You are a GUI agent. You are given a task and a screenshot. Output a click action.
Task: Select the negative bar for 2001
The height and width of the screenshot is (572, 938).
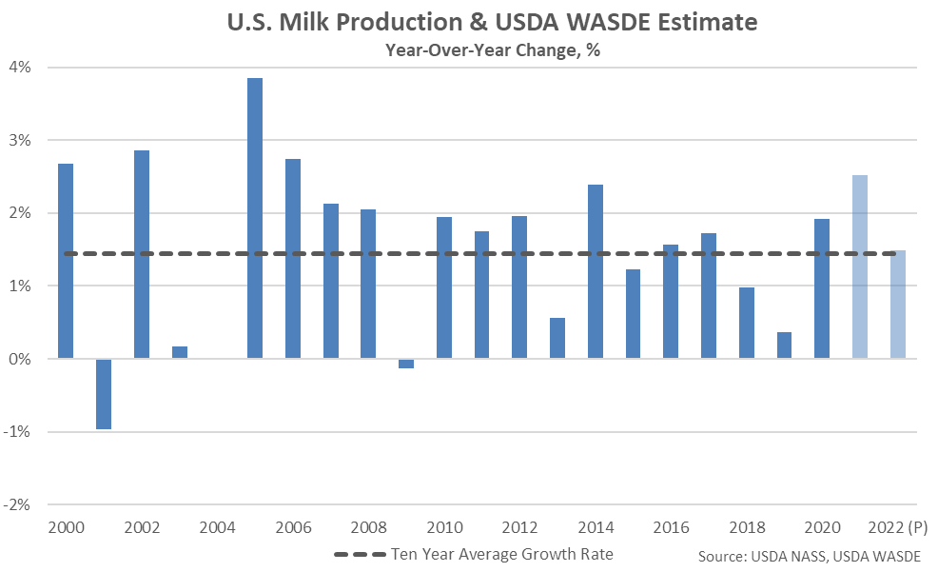click(104, 394)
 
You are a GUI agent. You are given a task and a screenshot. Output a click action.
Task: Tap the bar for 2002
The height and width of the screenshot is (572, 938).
click(142, 254)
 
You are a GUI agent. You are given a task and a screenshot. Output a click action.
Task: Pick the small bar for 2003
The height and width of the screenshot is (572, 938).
click(180, 352)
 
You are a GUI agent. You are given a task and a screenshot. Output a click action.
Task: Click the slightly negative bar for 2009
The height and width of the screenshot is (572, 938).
click(406, 364)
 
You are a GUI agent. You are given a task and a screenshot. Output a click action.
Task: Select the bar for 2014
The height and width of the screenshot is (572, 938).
click(596, 271)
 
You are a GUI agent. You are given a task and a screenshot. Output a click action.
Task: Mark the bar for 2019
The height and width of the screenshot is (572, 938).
click(784, 345)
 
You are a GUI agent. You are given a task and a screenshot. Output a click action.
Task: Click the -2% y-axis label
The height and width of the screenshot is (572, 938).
click(20, 504)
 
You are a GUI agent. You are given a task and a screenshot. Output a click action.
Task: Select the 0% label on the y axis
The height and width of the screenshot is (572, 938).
click(22, 359)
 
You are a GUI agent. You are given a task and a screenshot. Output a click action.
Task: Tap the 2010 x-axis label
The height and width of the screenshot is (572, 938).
click(444, 526)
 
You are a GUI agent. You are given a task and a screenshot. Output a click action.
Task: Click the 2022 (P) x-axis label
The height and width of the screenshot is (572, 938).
click(898, 526)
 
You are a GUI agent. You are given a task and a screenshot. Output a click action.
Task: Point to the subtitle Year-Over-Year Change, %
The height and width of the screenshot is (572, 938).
click(479, 50)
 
